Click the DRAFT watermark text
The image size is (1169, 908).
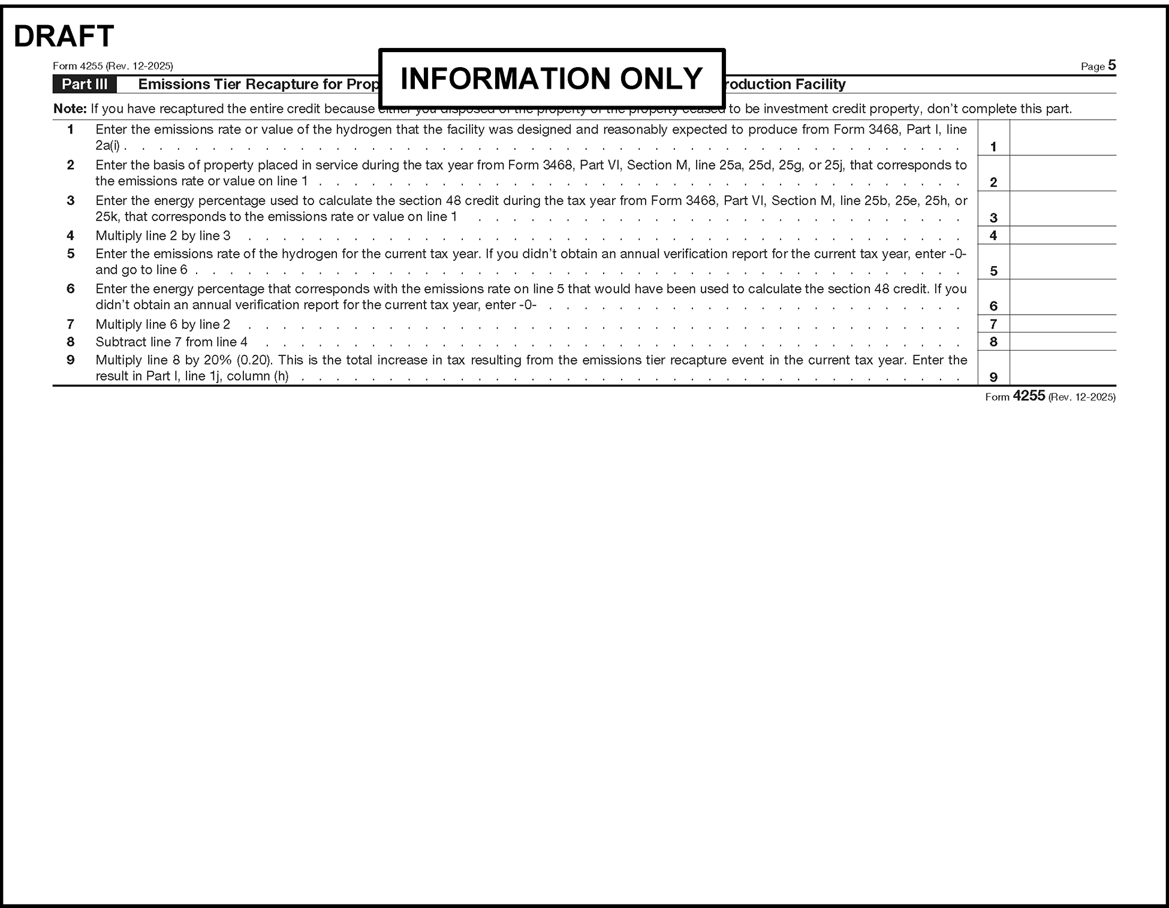coord(64,37)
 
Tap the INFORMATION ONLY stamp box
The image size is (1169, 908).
coord(552,79)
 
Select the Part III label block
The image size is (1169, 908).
coord(85,85)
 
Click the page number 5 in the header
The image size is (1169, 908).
coord(1112,65)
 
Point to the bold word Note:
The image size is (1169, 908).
coord(70,109)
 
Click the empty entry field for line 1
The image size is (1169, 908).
coord(1062,138)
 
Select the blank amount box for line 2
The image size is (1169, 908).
coord(1062,174)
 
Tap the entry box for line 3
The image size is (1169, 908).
coord(1062,209)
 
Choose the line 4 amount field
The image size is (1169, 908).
coord(1062,236)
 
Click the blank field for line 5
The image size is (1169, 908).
coord(1062,262)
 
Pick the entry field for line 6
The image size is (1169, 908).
coord(1062,297)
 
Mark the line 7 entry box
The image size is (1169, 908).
coord(1062,324)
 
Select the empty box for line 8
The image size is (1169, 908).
coord(1062,342)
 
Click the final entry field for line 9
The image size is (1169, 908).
coord(1062,368)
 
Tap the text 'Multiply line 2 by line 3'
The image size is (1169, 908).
coord(163,236)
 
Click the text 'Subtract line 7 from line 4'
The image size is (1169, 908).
coord(171,342)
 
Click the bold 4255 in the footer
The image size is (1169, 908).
coord(1029,396)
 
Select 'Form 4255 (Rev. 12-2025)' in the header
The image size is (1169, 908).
coord(113,66)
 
